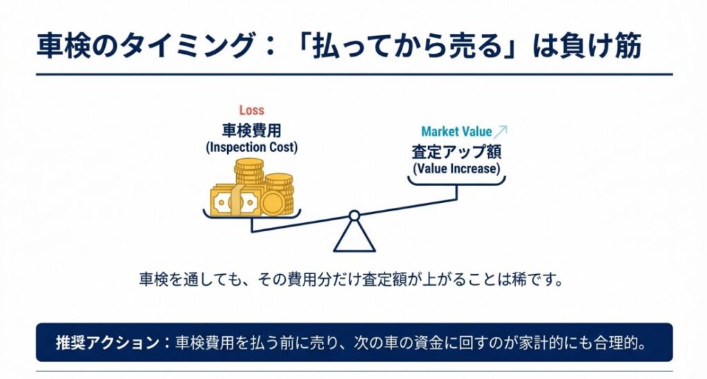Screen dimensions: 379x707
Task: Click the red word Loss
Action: coord(251,110)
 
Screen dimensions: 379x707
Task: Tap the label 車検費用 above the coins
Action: coord(251,130)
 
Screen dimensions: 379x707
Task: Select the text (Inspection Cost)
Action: coord(251,148)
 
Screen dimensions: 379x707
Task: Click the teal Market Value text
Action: coord(456,131)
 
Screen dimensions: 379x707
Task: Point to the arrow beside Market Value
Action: coord(501,130)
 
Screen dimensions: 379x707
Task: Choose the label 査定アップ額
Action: coord(456,151)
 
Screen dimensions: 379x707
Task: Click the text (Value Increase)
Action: coord(456,168)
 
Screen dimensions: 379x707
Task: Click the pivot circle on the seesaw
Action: coord(354,216)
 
